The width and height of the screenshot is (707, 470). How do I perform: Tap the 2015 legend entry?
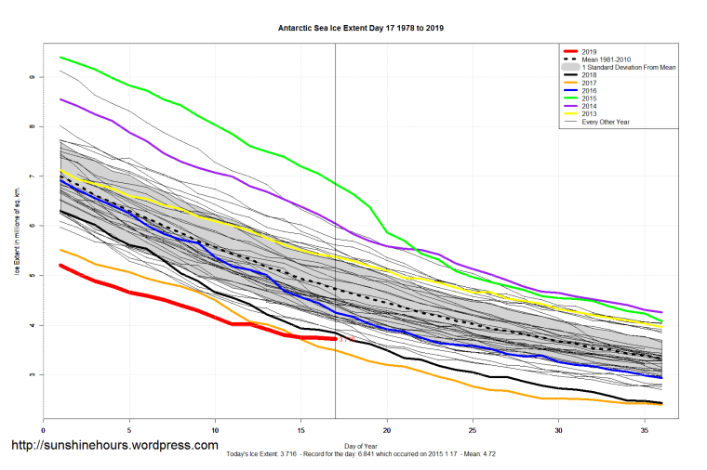point(587,98)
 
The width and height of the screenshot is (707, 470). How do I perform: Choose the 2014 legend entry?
point(587,107)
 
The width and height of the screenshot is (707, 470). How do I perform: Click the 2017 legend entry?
point(587,83)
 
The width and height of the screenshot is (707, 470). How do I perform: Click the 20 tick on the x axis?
point(386,430)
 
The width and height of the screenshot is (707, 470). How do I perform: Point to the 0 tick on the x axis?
point(43,430)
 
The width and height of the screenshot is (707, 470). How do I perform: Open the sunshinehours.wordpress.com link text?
point(113,446)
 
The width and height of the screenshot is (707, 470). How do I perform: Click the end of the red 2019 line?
point(335,339)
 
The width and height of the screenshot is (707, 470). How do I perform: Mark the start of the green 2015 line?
point(60,58)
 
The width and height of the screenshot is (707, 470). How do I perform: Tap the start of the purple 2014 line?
point(60,99)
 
